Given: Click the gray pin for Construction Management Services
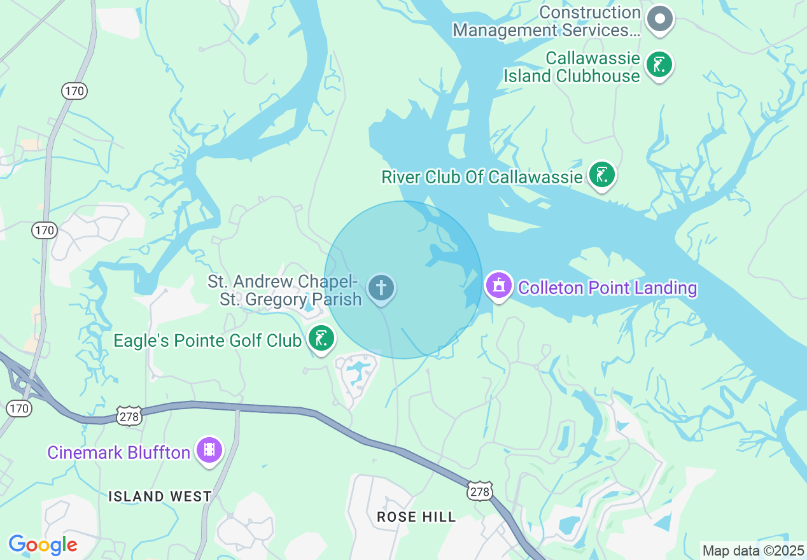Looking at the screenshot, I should click(x=660, y=19).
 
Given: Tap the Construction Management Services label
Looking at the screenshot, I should click(x=547, y=22).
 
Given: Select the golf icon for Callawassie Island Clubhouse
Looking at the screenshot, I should click(x=659, y=65).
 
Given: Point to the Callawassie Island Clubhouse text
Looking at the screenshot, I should click(x=572, y=67).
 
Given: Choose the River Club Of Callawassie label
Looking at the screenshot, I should click(x=482, y=177).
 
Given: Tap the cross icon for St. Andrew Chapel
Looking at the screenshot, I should click(x=381, y=288).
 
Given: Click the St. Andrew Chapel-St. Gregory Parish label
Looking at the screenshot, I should click(x=284, y=290).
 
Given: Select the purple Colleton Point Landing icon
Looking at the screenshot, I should click(x=499, y=285).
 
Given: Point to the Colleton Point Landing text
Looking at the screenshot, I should click(x=608, y=288).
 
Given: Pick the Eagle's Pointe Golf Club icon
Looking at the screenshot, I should click(x=321, y=338).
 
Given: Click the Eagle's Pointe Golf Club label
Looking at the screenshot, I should click(x=207, y=340).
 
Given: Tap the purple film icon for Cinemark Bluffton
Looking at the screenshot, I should click(x=209, y=450).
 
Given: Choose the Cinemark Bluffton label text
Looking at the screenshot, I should click(x=119, y=453).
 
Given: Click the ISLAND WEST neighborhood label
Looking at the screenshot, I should click(x=160, y=496).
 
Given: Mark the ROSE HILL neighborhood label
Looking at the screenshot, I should click(x=416, y=517).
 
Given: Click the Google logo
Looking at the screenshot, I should click(x=43, y=545).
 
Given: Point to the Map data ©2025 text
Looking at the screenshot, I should click(x=753, y=550).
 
